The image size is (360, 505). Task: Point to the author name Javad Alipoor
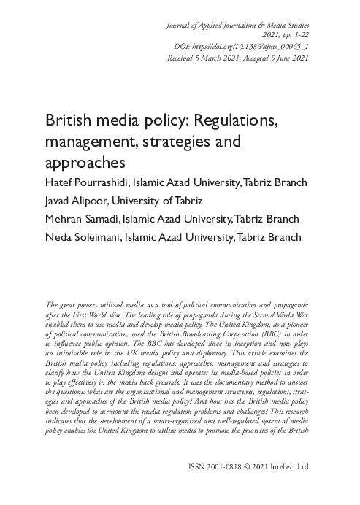[77, 200]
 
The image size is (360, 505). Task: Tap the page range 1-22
[300, 34]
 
